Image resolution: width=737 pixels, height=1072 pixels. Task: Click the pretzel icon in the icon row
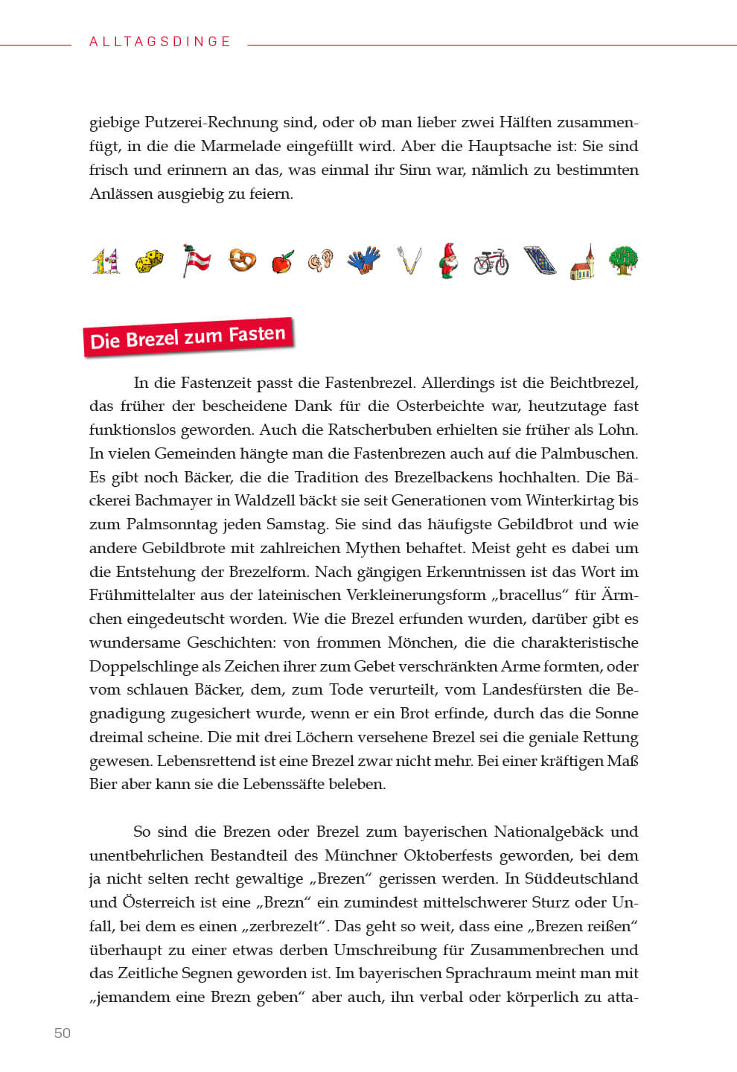[x=242, y=260]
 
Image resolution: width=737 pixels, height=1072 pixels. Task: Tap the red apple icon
[x=282, y=261]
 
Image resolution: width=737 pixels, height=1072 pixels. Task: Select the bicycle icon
[x=491, y=261]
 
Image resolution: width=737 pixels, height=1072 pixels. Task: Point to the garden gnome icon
[x=448, y=261]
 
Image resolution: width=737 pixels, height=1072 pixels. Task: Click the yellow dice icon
[x=149, y=261]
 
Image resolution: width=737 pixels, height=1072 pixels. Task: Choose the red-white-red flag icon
[x=196, y=261]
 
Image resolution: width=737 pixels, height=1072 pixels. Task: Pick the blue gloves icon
[x=363, y=261]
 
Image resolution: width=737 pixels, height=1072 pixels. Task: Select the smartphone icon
[x=539, y=261]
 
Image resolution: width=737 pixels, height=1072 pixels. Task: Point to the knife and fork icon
[x=408, y=261]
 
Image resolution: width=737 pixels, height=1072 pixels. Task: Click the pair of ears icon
[x=321, y=261]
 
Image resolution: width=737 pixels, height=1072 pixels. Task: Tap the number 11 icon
[x=105, y=262]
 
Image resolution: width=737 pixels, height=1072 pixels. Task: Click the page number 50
[x=63, y=1033]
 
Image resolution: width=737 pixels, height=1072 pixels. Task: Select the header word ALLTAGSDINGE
[x=160, y=42]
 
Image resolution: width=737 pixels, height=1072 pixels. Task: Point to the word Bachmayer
[x=182, y=500]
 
